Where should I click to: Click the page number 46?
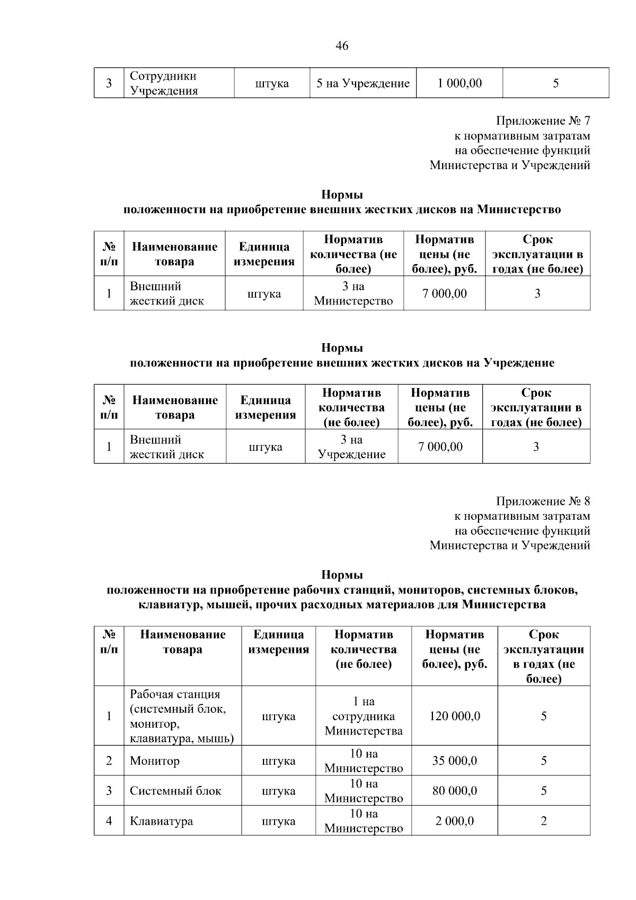(x=342, y=46)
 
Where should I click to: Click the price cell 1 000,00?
(x=460, y=83)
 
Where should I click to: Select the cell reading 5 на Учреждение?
(x=363, y=83)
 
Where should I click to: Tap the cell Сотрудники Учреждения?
(x=164, y=83)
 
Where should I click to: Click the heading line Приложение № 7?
(x=543, y=121)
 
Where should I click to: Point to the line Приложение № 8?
(x=543, y=501)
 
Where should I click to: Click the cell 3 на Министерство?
(x=354, y=294)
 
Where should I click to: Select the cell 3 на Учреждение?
(x=351, y=447)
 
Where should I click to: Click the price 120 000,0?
(x=455, y=716)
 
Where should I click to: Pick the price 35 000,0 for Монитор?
(x=455, y=761)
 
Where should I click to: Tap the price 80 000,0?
(x=455, y=791)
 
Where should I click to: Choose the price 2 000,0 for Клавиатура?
(x=455, y=821)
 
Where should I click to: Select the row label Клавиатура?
(x=162, y=821)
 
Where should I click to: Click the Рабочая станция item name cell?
(x=182, y=716)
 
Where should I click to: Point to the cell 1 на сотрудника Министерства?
(x=364, y=716)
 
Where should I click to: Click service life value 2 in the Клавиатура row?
(x=544, y=821)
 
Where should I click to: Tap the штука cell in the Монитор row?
(x=279, y=761)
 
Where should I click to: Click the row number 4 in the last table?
(x=109, y=821)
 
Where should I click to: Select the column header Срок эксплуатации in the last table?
(x=544, y=657)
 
